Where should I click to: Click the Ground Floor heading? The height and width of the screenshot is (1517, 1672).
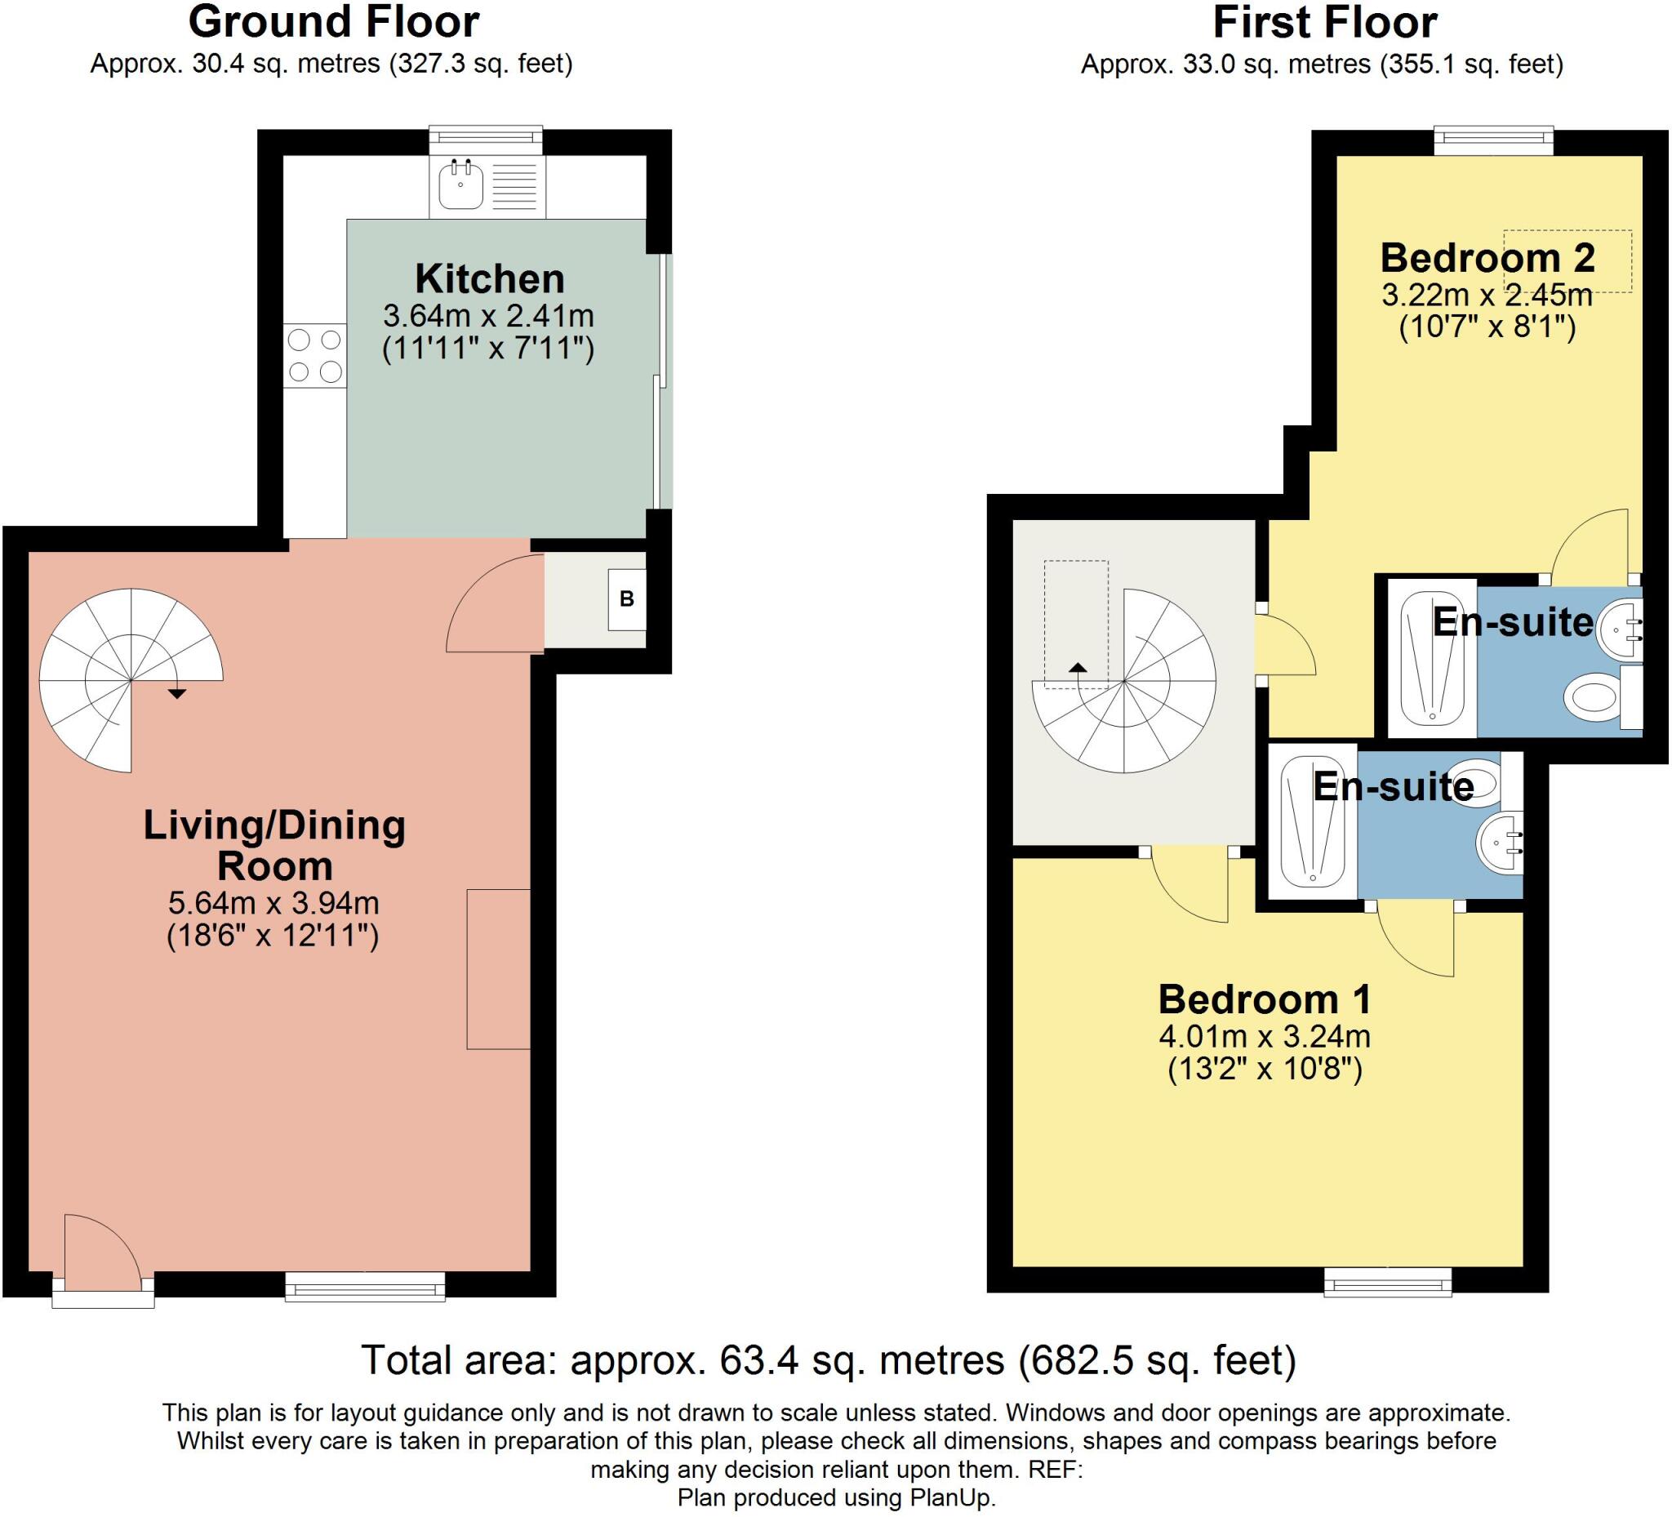point(333,22)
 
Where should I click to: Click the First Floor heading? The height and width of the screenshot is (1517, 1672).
point(1324,22)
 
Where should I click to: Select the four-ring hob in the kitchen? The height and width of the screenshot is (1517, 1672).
point(315,355)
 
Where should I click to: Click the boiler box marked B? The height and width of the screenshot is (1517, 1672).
point(626,598)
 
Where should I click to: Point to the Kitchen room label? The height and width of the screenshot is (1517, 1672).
point(489,278)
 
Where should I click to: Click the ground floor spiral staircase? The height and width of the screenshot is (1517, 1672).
point(131,680)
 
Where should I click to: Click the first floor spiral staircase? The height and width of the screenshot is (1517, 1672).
point(1124,681)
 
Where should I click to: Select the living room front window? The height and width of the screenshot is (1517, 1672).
point(365,1287)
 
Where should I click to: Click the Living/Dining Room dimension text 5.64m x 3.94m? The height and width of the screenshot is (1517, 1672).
point(273,902)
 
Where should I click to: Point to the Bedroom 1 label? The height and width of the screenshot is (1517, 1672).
point(1265,999)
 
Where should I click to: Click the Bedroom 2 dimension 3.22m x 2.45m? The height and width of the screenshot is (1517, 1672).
point(1487,295)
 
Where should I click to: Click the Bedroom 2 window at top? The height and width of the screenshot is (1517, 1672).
point(1494,140)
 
